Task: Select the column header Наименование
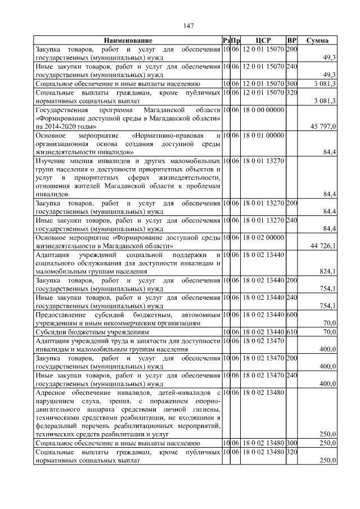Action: pos(127,40)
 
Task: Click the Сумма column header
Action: pos(317,40)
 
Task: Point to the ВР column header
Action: pos(291,40)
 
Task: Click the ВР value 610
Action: pos(291,332)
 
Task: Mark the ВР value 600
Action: pos(291,314)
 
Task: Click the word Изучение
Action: pos(51,161)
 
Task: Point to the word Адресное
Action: pos(52,392)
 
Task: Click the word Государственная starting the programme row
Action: pos(64,110)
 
